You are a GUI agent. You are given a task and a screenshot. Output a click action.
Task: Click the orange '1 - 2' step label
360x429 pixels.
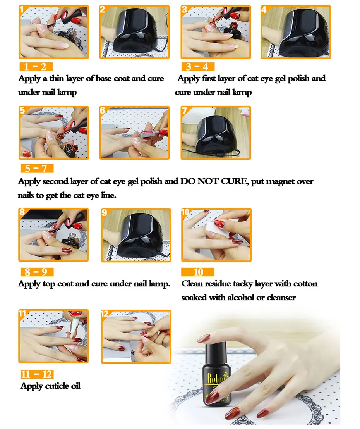(x=36, y=67)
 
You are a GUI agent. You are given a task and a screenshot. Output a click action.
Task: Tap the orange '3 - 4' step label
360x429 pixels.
(x=198, y=67)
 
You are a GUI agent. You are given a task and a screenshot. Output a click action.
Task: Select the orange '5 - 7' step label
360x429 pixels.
(x=37, y=168)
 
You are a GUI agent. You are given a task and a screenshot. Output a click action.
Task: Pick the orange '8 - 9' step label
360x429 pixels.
(x=37, y=272)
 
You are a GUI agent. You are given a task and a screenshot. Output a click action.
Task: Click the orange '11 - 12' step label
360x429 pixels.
(x=37, y=374)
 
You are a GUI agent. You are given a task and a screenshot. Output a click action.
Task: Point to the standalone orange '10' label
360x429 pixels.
(x=198, y=272)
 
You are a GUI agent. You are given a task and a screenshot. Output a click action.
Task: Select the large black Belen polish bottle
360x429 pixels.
(x=216, y=374)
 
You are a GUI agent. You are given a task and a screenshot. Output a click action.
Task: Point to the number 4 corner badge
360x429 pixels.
(x=264, y=10)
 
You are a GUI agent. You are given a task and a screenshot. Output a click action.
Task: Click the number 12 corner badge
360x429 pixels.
(x=105, y=314)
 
